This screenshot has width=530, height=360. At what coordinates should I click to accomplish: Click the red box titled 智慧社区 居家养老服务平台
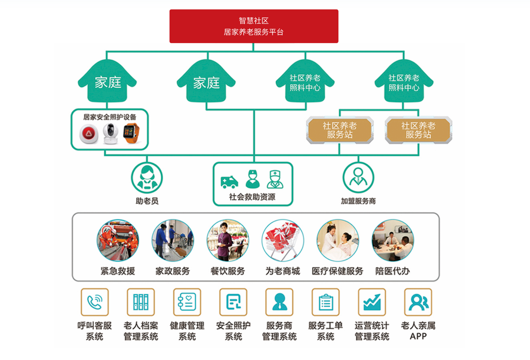[x=254, y=26]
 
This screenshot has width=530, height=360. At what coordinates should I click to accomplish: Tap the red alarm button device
[x=89, y=134]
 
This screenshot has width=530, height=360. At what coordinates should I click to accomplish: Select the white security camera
[x=111, y=133]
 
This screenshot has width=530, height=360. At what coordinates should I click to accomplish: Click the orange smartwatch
[x=131, y=133]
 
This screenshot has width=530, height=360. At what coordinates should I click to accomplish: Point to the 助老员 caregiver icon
[x=147, y=178]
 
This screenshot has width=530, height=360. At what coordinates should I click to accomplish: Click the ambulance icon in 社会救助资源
[x=229, y=182]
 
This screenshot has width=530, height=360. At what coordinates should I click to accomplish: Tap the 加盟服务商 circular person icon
[x=358, y=178]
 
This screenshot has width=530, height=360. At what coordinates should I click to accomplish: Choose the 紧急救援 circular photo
[x=118, y=241]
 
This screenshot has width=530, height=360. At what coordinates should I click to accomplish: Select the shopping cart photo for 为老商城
[x=283, y=241]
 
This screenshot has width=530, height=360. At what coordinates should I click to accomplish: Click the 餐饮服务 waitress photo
[x=228, y=241]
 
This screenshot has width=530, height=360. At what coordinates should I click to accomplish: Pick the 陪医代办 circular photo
[x=393, y=241]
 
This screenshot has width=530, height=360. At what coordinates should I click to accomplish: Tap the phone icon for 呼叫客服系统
[x=95, y=302]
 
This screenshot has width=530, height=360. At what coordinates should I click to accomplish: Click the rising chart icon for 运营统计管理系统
[x=372, y=302]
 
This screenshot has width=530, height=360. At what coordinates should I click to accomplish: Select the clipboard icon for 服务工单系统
[x=326, y=302]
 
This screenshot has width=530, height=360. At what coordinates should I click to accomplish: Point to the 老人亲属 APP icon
[x=418, y=302]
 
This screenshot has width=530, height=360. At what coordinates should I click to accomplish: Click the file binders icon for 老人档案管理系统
[x=141, y=302]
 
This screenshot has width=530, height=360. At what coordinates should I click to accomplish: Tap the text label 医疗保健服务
[x=337, y=271]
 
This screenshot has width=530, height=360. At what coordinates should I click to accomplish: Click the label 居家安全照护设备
[x=110, y=117]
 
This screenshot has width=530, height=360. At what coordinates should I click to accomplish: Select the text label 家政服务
[x=172, y=271]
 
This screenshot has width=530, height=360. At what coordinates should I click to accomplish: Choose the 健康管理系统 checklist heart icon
[x=187, y=302]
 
